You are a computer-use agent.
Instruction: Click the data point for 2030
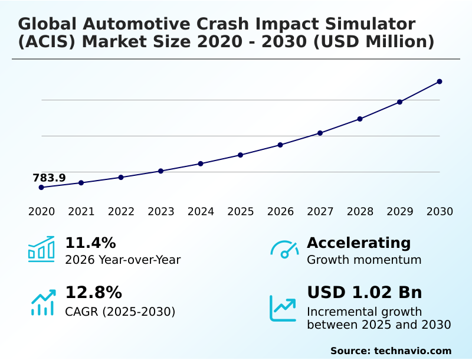coord(440,81)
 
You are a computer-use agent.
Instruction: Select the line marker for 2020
coord(41,187)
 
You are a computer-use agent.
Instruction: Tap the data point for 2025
coord(240,155)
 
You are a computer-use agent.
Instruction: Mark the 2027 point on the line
coord(320,133)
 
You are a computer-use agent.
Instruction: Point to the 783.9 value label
coord(49,178)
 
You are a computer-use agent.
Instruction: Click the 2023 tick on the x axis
coord(160,211)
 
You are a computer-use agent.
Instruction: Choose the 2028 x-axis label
coord(360,211)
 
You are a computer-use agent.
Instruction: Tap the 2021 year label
coord(81,211)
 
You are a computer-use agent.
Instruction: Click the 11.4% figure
coord(90,243)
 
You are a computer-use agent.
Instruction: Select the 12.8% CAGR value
coord(93,293)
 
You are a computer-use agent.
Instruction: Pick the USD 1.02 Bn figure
coord(365,293)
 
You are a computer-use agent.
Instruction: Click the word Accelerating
coord(359,243)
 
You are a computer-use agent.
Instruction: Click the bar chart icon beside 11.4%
coord(41,250)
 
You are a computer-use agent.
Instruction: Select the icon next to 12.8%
coord(42,302)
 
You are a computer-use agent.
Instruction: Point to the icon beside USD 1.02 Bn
coord(283,308)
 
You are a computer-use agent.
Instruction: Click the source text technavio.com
coord(412,351)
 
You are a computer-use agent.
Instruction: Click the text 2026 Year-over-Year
coord(123,260)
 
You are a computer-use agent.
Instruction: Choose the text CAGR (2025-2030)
coord(120,311)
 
